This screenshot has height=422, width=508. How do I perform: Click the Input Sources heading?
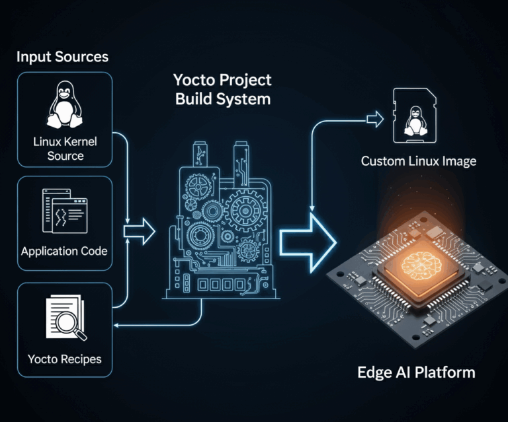[x=62, y=57]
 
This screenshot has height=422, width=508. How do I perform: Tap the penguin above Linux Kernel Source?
[x=65, y=106]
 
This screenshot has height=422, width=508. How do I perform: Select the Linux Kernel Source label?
[x=65, y=149]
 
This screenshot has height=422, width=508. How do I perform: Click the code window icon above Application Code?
[x=64, y=211]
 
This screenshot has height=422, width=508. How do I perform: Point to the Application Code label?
[x=64, y=252]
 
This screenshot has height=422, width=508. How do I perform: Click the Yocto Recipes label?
[x=65, y=359]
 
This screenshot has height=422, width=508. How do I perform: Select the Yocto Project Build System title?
[x=222, y=90]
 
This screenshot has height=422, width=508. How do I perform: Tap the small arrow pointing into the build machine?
[x=140, y=232]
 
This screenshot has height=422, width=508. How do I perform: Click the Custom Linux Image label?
[x=418, y=161]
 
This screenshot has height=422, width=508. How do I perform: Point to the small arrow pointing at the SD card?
[x=375, y=120]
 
